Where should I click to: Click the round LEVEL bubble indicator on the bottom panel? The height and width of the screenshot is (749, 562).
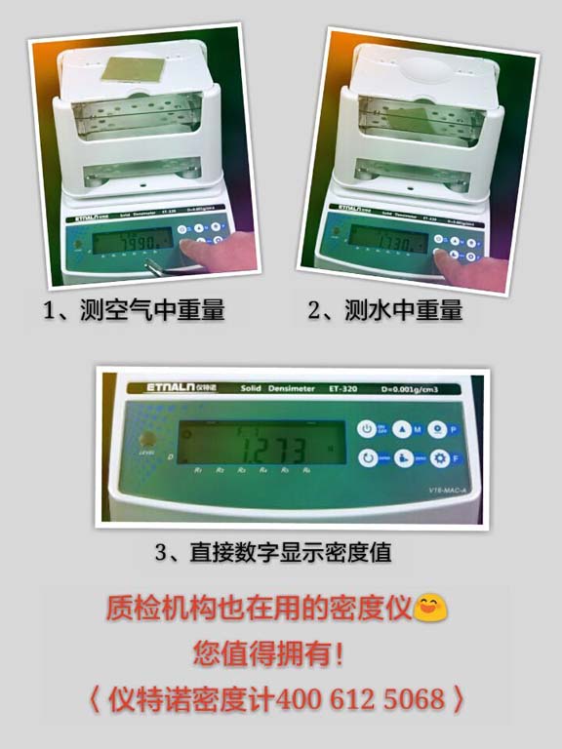click(x=147, y=438)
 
